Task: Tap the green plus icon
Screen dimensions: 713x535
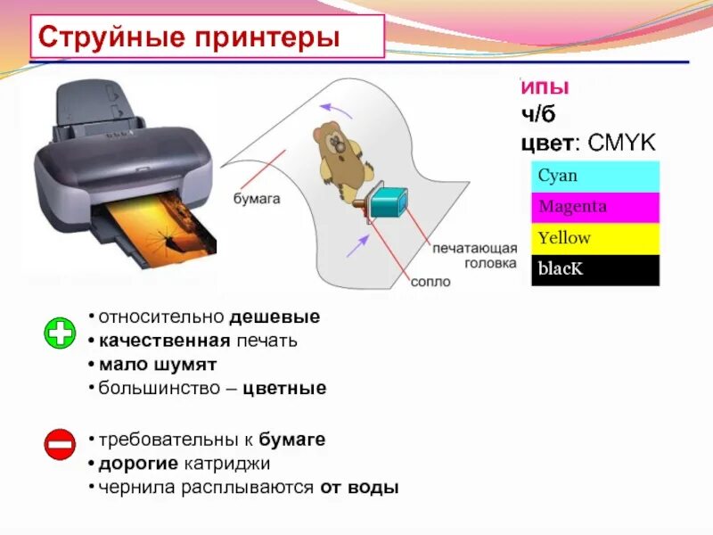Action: [60, 334]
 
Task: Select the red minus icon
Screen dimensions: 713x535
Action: [60, 443]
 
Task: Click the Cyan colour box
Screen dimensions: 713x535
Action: [594, 177]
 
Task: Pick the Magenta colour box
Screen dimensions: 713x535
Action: [594, 207]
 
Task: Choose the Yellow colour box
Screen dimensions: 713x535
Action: [594, 238]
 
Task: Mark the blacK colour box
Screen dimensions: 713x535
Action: [594, 269]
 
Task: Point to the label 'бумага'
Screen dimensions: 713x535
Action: [258, 199]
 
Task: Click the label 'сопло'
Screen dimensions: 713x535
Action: [430, 282]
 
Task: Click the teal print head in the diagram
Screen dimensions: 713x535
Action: [387, 202]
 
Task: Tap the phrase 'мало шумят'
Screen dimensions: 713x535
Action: [158, 365]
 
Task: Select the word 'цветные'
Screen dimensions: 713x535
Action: [291, 389]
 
